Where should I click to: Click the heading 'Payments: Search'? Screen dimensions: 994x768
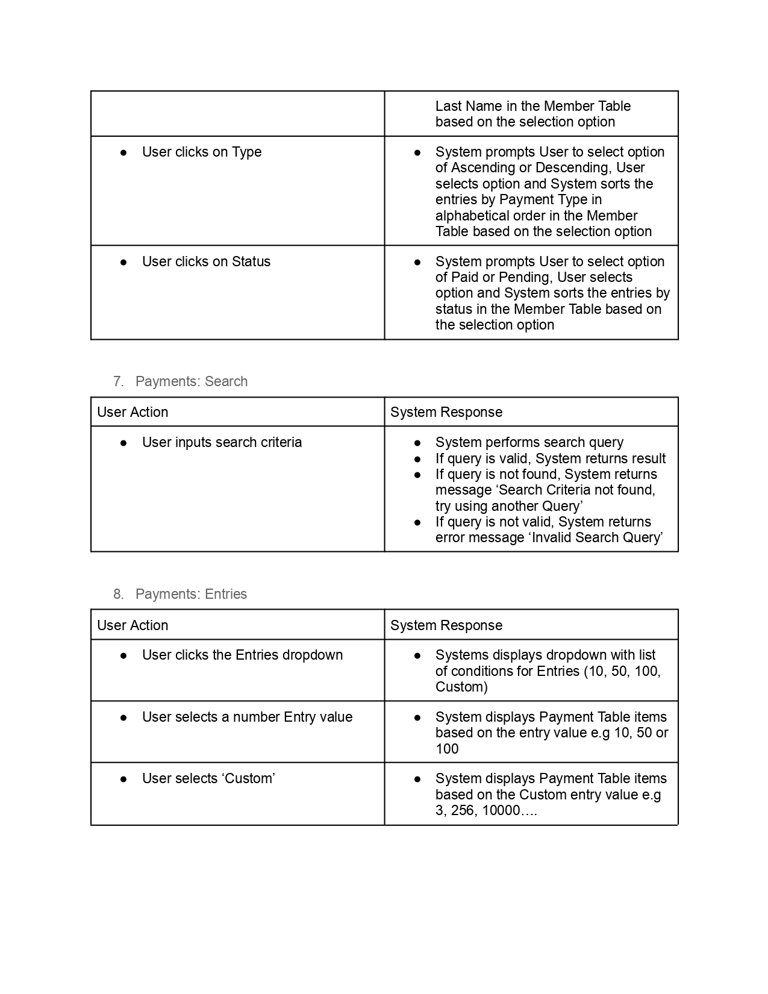(x=191, y=381)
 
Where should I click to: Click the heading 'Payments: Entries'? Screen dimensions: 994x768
(x=191, y=594)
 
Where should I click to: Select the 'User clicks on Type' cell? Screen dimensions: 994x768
(x=202, y=152)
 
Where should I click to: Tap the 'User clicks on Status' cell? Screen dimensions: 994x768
(x=206, y=261)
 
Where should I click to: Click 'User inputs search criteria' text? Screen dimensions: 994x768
(x=222, y=442)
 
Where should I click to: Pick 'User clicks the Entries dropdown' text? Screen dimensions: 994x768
(x=242, y=655)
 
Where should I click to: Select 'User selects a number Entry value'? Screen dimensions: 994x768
(x=247, y=717)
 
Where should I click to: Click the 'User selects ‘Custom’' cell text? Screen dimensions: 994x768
(x=208, y=778)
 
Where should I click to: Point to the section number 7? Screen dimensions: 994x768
(x=118, y=381)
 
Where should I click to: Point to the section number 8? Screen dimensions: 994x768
(x=118, y=594)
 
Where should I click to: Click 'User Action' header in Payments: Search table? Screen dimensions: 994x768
(x=133, y=412)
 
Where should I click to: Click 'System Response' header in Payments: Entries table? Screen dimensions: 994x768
(x=446, y=625)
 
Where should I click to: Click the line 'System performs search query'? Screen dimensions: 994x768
(x=529, y=442)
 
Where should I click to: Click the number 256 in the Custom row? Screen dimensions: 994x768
(x=462, y=810)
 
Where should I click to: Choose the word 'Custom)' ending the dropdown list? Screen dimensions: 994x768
(x=461, y=687)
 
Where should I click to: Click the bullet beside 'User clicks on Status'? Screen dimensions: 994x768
(x=123, y=262)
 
